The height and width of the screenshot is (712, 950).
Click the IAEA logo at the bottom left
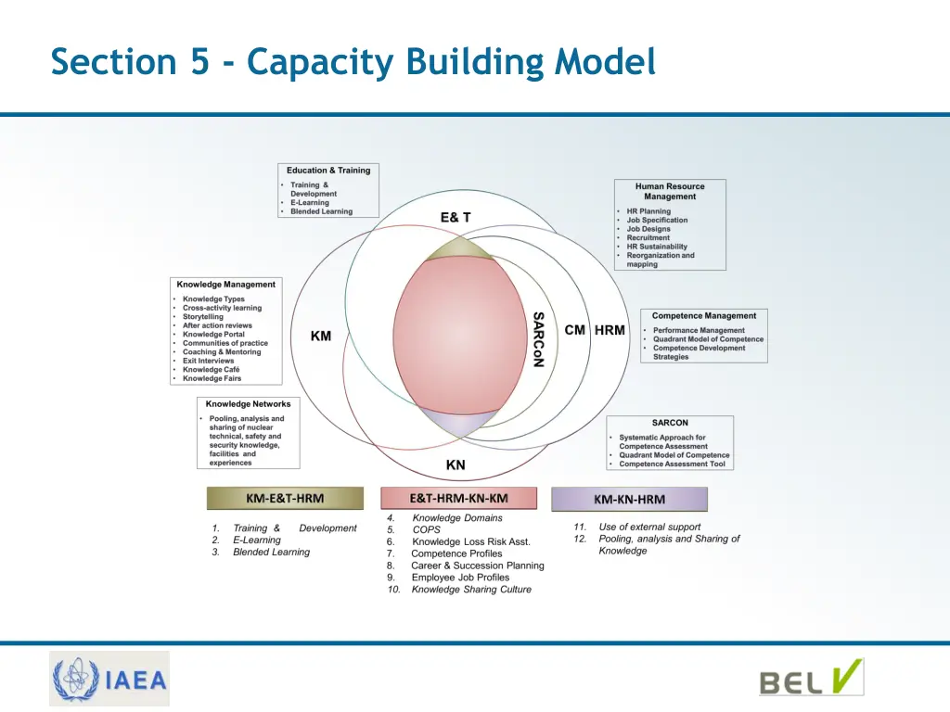coord(110,679)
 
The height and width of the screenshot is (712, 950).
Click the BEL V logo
coord(811,680)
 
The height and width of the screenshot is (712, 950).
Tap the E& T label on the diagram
coord(455,217)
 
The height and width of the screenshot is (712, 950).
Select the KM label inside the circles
coord(321,337)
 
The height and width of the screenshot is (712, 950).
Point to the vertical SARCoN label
coord(538,339)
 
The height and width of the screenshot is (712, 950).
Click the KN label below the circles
coord(456,465)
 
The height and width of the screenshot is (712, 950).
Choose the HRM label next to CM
coord(610,330)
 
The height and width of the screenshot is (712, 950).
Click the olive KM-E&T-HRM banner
coord(285,499)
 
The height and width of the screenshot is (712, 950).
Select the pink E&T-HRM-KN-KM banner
coord(458,498)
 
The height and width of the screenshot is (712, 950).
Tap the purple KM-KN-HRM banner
coord(629,500)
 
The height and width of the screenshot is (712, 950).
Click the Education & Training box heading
coord(328,171)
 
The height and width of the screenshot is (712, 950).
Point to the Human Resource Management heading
coord(670,191)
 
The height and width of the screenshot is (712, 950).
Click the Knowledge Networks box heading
coord(248,404)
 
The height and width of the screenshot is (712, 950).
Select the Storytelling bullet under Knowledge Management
coord(203,317)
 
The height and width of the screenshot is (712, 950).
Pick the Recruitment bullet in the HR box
coord(648,238)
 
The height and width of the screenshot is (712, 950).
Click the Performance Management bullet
coord(699,330)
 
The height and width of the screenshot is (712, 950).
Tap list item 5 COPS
coord(426,530)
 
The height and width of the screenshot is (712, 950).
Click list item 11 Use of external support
coord(648,527)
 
